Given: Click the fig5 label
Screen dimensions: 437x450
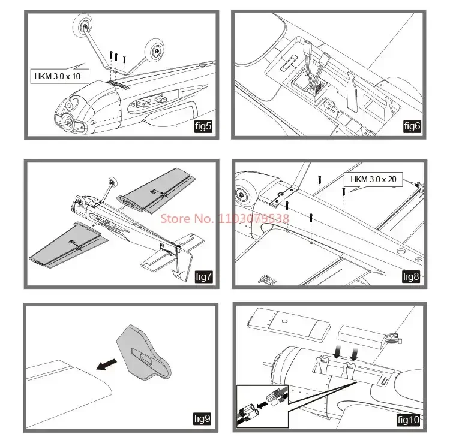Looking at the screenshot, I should [x=202, y=126].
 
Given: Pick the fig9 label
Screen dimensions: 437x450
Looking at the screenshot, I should [x=203, y=419].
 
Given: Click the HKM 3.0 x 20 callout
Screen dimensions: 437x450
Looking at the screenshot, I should [x=373, y=179].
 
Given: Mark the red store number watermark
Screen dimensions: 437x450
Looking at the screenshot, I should [x=224, y=218].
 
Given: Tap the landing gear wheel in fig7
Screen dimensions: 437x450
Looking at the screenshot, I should [x=112, y=182].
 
